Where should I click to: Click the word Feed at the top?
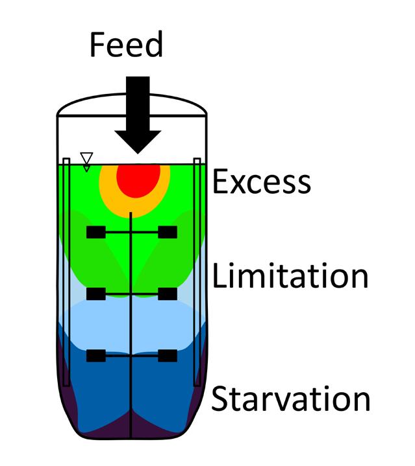coord(126,45)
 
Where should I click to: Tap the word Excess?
coord(262,181)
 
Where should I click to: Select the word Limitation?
coord(290,276)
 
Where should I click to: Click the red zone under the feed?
coord(138,178)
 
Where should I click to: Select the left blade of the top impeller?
coord(96,232)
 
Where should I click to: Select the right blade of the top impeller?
coord(167,232)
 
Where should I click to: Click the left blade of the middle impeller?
coord(95,294)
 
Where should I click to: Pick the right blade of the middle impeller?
coord(167,294)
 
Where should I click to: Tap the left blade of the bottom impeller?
coord(95,355)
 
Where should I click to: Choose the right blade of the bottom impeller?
coord(167,355)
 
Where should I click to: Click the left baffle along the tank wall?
coord(67,272)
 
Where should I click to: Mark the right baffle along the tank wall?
coord(197,272)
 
